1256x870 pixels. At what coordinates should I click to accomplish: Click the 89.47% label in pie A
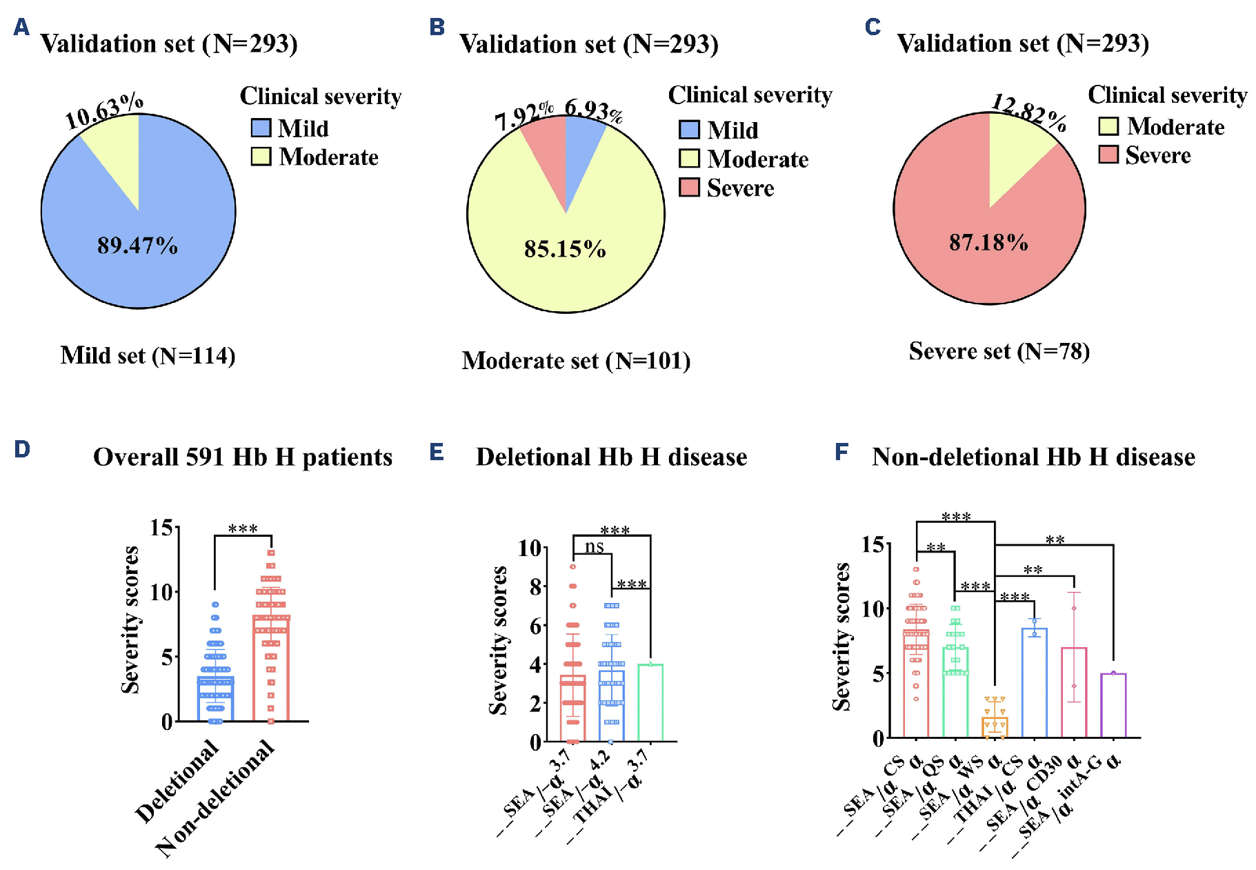(137, 246)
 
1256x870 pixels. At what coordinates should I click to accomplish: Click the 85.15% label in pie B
(565, 249)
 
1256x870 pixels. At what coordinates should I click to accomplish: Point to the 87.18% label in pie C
(988, 243)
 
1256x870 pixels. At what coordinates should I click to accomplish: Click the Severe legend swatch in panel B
(689, 188)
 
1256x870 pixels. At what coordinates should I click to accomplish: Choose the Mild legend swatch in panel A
(261, 128)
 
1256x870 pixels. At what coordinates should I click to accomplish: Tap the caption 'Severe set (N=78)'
(999, 351)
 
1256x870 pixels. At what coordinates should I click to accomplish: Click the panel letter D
(22, 450)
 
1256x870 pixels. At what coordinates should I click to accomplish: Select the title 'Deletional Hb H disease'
(611, 457)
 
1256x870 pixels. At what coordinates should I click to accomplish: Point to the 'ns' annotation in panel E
(594, 547)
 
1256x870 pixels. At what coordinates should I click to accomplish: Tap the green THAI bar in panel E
(650, 702)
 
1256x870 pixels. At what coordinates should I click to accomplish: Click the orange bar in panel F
(995, 727)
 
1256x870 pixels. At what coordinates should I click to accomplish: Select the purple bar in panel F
(1113, 705)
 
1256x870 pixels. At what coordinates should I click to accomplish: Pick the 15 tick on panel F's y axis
(873, 544)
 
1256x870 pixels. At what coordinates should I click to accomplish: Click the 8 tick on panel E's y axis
(535, 587)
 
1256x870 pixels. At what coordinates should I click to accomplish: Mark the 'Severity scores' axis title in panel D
(130, 619)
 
